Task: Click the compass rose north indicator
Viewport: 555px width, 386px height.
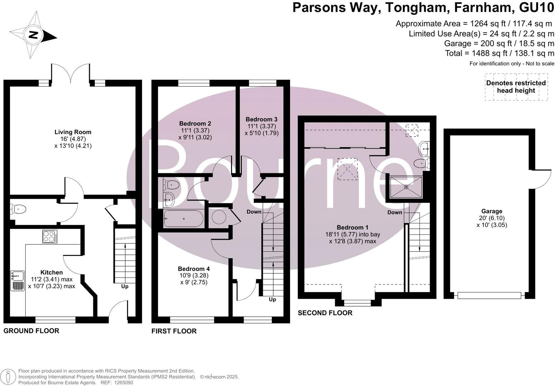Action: tap(33, 35)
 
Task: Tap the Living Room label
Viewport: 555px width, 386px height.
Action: tap(73, 132)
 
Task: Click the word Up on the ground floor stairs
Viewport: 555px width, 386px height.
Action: tap(124, 286)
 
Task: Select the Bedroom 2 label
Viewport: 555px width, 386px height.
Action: tap(195, 123)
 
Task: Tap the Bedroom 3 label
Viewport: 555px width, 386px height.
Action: tap(261, 119)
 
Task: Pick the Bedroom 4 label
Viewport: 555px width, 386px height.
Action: tap(194, 269)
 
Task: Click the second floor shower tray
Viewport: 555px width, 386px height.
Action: tap(406, 187)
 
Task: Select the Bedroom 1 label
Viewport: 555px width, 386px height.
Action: tap(353, 227)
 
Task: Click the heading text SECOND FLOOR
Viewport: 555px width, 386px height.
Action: tap(325, 313)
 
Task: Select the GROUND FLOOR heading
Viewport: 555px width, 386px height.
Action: tap(31, 331)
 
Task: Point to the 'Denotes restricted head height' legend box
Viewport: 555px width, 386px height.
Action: tap(516, 87)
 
